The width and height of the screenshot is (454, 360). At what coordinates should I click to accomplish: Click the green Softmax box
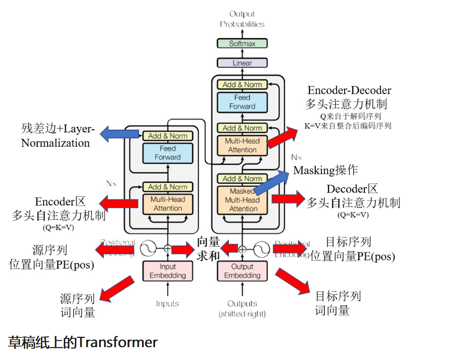coord(242,44)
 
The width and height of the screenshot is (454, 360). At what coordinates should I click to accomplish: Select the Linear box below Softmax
coord(242,63)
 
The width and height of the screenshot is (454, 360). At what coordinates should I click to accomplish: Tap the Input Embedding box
coord(168,271)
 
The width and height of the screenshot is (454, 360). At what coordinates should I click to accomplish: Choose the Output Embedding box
coord(242,271)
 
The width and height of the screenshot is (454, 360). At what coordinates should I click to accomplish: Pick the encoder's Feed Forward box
coord(168,153)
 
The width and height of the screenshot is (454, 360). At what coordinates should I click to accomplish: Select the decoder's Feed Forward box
coord(242,102)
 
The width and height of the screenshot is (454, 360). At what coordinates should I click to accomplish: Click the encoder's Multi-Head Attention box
coord(168,204)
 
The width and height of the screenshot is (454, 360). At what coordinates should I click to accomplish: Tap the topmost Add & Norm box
coord(242,85)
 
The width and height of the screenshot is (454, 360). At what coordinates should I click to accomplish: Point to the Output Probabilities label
coord(242,19)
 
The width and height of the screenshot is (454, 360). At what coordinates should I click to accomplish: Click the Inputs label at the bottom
coord(167,303)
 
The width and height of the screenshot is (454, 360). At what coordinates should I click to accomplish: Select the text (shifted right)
coord(242,314)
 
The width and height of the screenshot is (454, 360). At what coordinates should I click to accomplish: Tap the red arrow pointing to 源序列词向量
coord(119,288)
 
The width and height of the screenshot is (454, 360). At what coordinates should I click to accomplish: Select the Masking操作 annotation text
coord(325,171)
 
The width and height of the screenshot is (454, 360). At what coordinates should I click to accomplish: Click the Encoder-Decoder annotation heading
coord(349,90)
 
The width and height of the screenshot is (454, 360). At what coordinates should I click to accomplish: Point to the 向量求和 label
coord(208,249)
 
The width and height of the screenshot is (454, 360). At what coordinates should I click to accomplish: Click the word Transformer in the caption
coord(117,342)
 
